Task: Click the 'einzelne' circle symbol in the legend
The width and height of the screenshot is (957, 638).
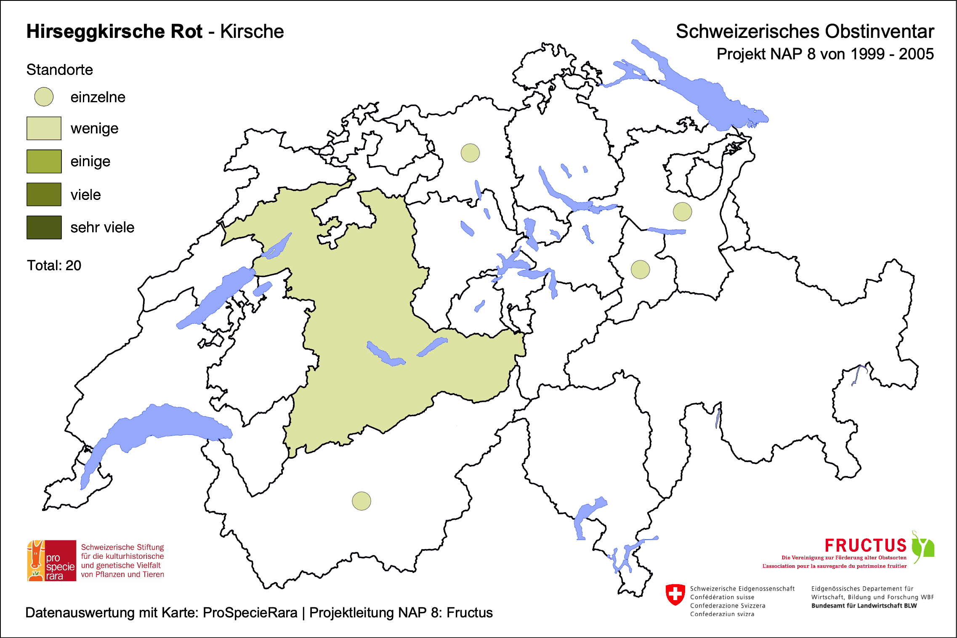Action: (44, 97)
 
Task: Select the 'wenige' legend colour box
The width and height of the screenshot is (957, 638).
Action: (44, 128)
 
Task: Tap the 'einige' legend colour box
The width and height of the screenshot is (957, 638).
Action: (44, 161)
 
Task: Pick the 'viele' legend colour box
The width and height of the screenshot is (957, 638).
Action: (44, 194)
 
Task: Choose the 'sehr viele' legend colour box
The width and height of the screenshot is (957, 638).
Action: (44, 227)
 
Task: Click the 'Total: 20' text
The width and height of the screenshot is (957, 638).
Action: (54, 266)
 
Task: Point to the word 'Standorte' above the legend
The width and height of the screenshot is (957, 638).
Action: (59, 70)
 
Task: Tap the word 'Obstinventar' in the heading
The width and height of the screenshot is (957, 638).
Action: (879, 32)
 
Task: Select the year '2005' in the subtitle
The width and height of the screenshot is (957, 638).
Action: (916, 54)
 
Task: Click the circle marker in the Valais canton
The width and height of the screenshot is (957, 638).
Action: (361, 501)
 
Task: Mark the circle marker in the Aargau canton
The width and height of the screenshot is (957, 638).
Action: (470, 153)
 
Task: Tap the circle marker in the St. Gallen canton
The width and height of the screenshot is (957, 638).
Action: (682, 211)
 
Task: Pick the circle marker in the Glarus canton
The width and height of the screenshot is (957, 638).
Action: (640, 269)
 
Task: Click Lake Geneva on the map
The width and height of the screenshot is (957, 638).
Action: (168, 425)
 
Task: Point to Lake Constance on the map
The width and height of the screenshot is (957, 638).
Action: (707, 97)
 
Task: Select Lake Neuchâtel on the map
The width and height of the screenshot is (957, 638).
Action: (215, 297)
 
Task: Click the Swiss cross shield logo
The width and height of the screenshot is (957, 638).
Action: (675, 595)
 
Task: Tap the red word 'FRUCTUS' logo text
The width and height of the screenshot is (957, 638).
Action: (865, 546)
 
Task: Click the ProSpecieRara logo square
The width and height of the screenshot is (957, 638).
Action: (52, 561)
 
